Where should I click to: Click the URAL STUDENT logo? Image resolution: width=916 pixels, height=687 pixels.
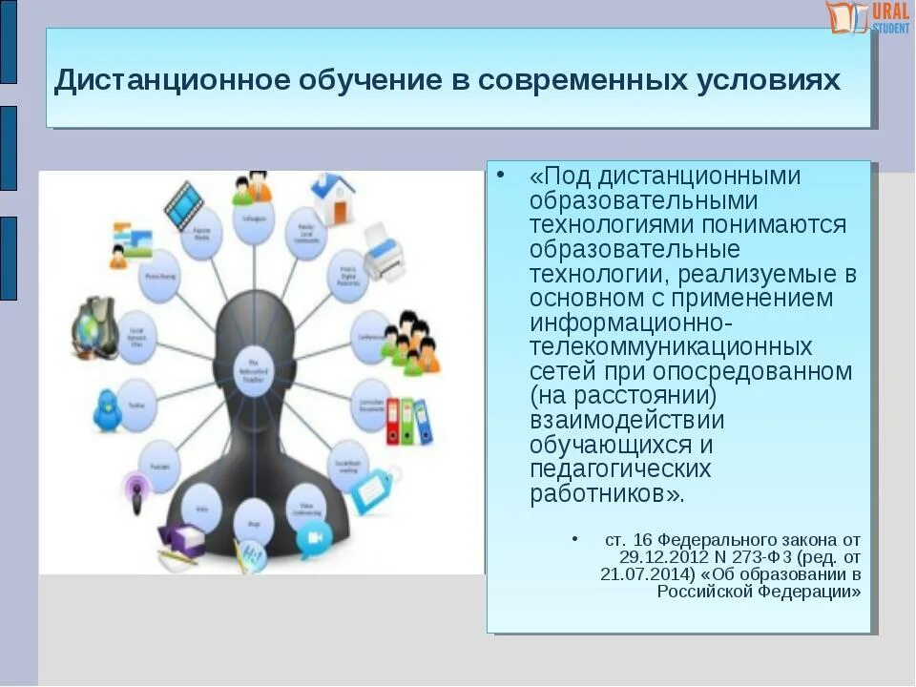click(x=867, y=17)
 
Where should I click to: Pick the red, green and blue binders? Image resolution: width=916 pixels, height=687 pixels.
click(x=408, y=421)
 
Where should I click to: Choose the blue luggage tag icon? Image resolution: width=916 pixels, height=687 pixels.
click(x=373, y=489)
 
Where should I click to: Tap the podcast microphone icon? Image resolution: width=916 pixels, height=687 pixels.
click(x=135, y=494)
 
